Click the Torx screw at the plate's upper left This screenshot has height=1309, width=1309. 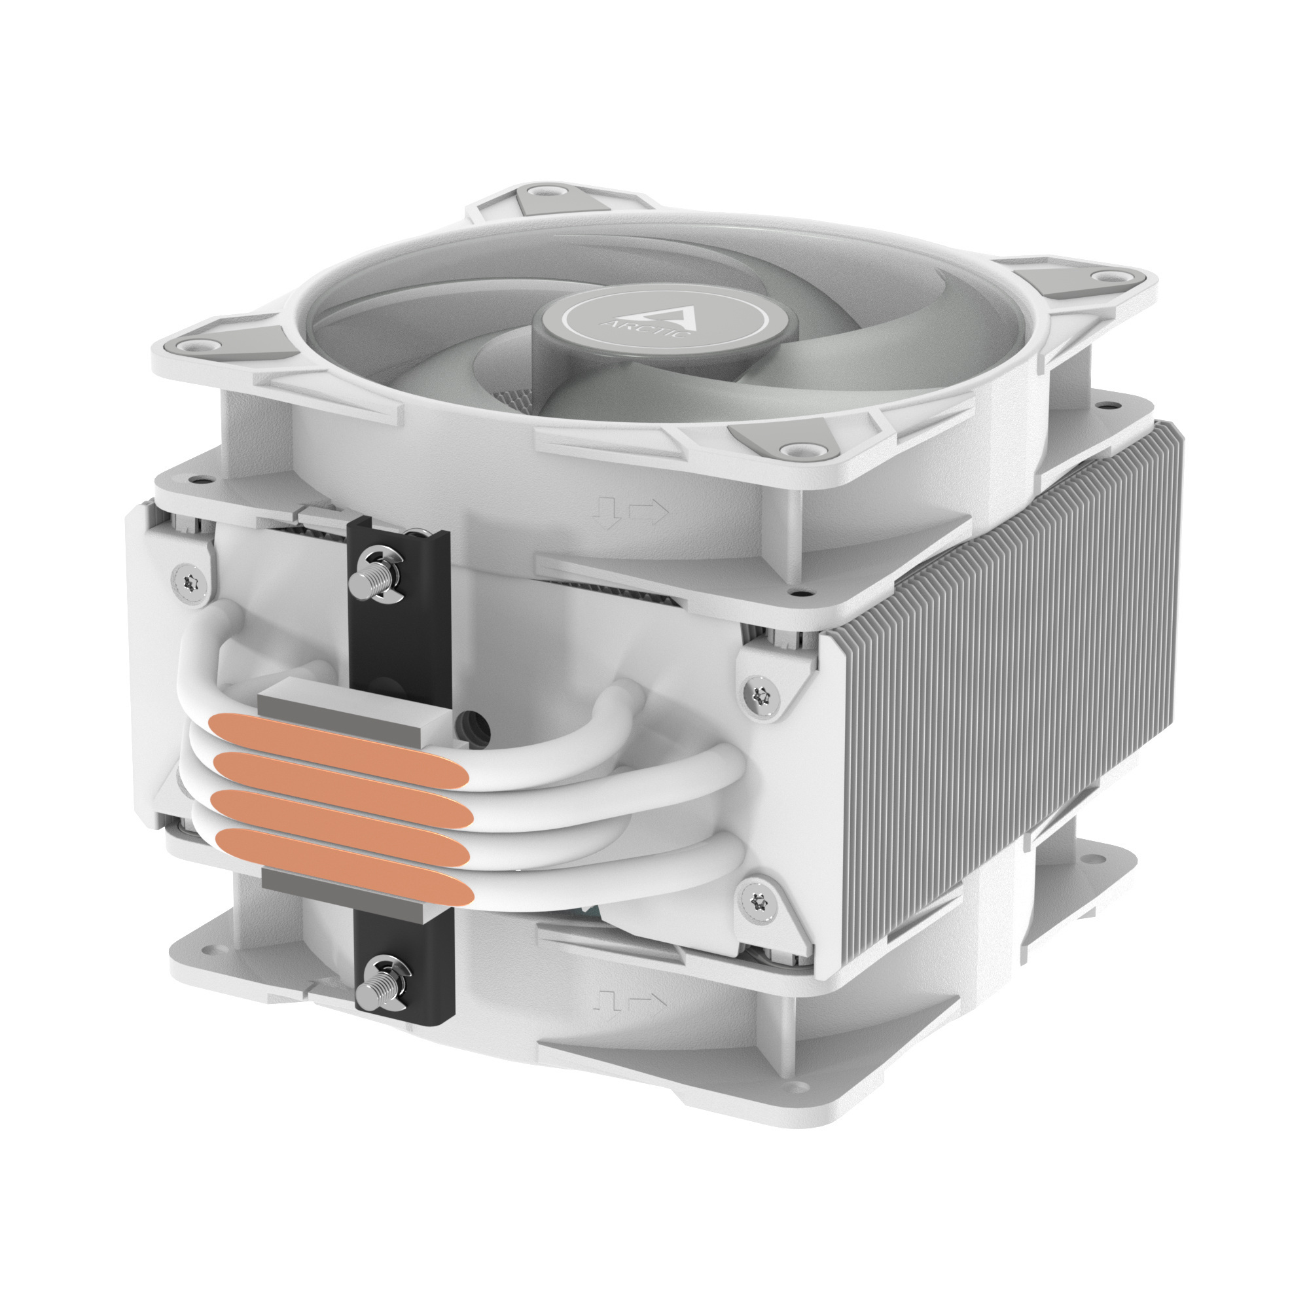(188, 580)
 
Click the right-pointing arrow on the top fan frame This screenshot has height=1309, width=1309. (649, 511)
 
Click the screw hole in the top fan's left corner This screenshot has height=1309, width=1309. (197, 345)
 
